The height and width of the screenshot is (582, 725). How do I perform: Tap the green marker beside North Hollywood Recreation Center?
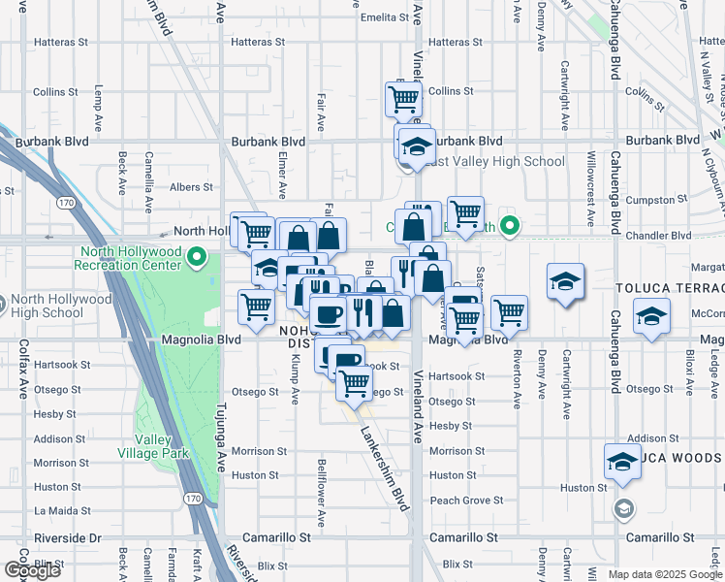[198, 258]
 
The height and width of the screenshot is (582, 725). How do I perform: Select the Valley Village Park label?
[161, 445]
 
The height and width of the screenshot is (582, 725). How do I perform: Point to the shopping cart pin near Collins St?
[402, 97]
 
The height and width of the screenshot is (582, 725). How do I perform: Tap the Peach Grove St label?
[466, 501]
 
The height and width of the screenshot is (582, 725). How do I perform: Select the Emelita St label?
[384, 17]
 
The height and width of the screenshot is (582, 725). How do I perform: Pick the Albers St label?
[193, 187]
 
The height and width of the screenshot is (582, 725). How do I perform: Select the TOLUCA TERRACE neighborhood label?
[670, 289]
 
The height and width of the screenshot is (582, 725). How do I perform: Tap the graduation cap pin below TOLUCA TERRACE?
[652, 316]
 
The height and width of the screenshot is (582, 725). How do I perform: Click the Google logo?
[31, 569]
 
